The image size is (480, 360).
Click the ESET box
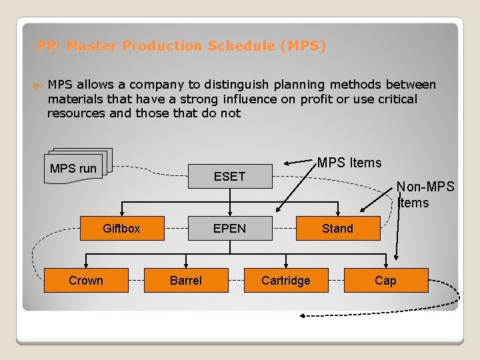click(x=229, y=176)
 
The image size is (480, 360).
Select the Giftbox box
click(x=121, y=229)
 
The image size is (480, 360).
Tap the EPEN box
click(x=229, y=229)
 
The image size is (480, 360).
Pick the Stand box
click(x=337, y=229)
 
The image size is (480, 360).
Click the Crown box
click(x=86, y=281)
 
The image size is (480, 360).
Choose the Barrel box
click(x=186, y=281)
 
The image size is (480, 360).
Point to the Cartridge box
click(x=285, y=281)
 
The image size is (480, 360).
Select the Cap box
click(x=385, y=281)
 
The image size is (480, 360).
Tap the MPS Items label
click(x=349, y=163)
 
